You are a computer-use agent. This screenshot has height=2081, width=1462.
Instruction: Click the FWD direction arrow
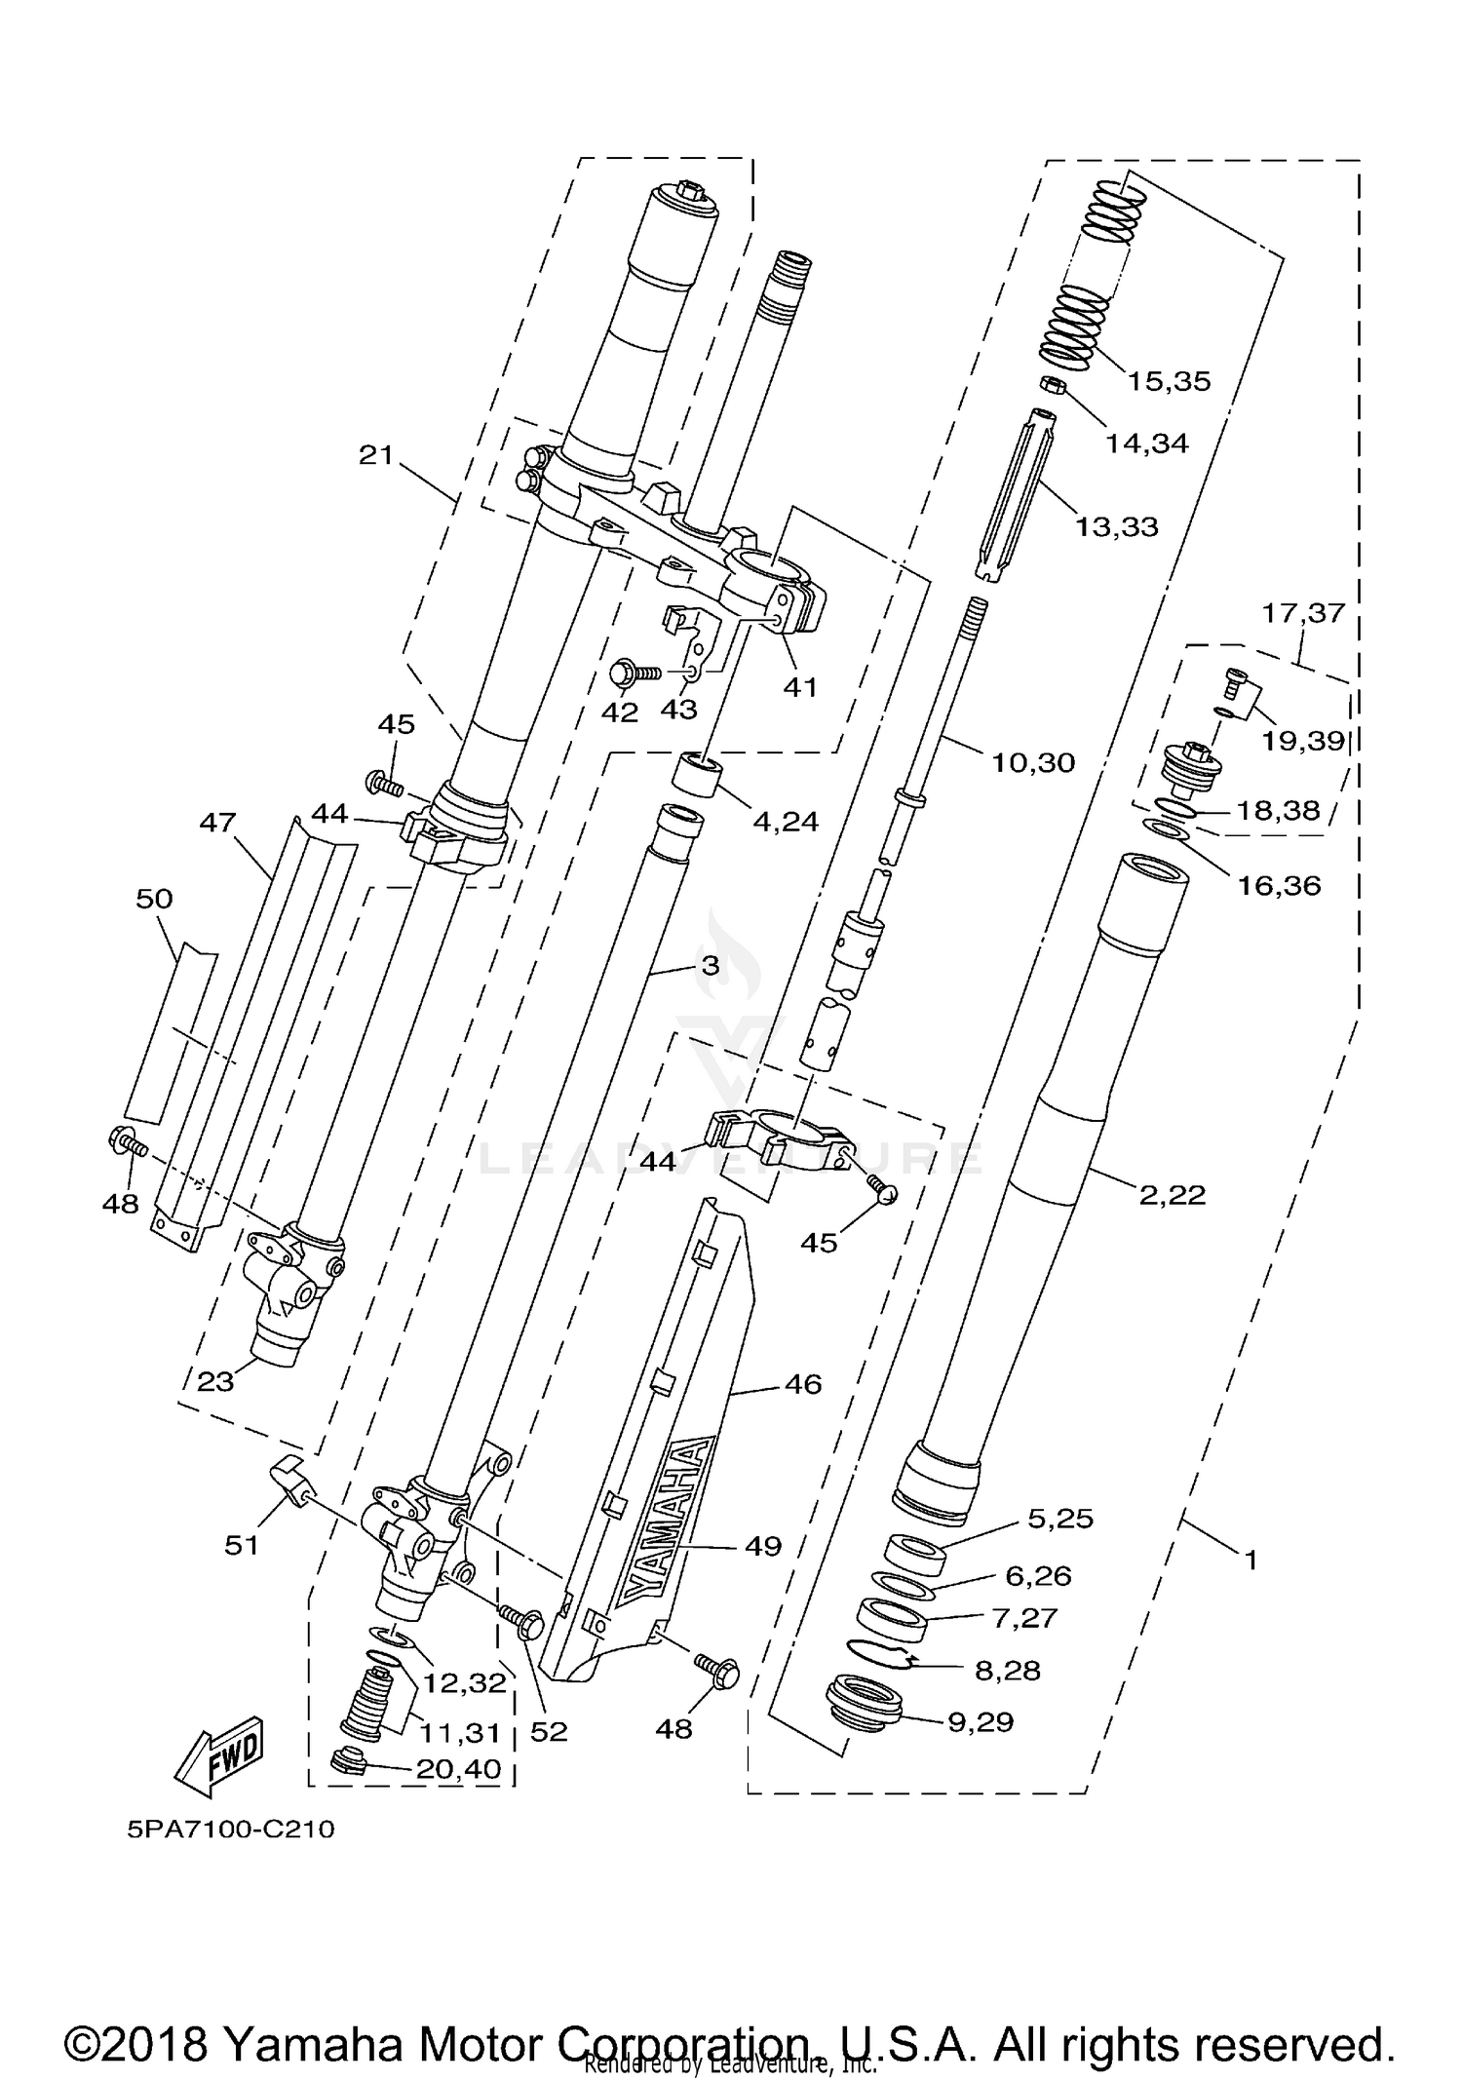click(220, 1757)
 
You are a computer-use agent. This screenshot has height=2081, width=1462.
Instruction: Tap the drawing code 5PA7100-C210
click(231, 1830)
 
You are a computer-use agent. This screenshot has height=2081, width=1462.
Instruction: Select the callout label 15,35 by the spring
click(1169, 381)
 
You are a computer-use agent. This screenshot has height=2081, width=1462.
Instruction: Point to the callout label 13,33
click(1117, 527)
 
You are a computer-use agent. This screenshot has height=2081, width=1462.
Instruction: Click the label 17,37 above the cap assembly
click(1303, 613)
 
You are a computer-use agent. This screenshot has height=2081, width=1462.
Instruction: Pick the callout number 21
click(375, 454)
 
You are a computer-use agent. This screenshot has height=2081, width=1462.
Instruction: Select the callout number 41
click(800, 687)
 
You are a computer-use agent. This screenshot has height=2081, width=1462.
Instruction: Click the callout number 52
click(548, 1731)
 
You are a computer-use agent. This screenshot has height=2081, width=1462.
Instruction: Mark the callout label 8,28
click(1007, 1671)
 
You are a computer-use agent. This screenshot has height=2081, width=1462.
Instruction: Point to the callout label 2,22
click(1173, 1194)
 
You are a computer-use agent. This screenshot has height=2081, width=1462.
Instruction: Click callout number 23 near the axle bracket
click(215, 1381)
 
